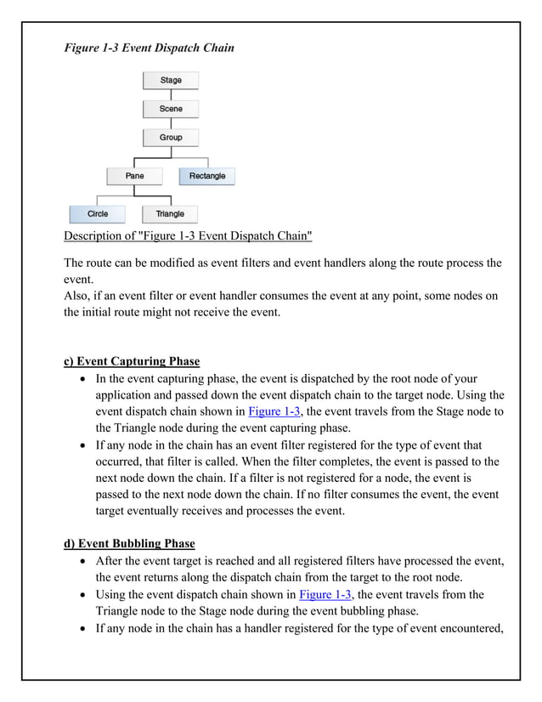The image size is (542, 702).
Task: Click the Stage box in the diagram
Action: (171, 81)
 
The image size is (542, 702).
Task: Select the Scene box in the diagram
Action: (171, 109)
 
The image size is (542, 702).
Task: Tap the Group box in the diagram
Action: (171, 137)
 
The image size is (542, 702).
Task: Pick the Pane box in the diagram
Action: (134, 176)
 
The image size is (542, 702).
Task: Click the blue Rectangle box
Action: (207, 176)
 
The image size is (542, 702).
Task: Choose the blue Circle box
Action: (97, 214)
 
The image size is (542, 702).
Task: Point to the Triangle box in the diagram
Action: (170, 214)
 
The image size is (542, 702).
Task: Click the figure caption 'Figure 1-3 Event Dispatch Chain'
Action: (149, 48)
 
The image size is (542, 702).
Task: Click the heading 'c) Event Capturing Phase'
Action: (132, 361)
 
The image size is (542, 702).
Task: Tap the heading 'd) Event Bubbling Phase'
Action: (129, 543)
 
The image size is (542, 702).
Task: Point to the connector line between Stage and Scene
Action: (171, 94)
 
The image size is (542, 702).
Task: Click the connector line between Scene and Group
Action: (171, 122)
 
